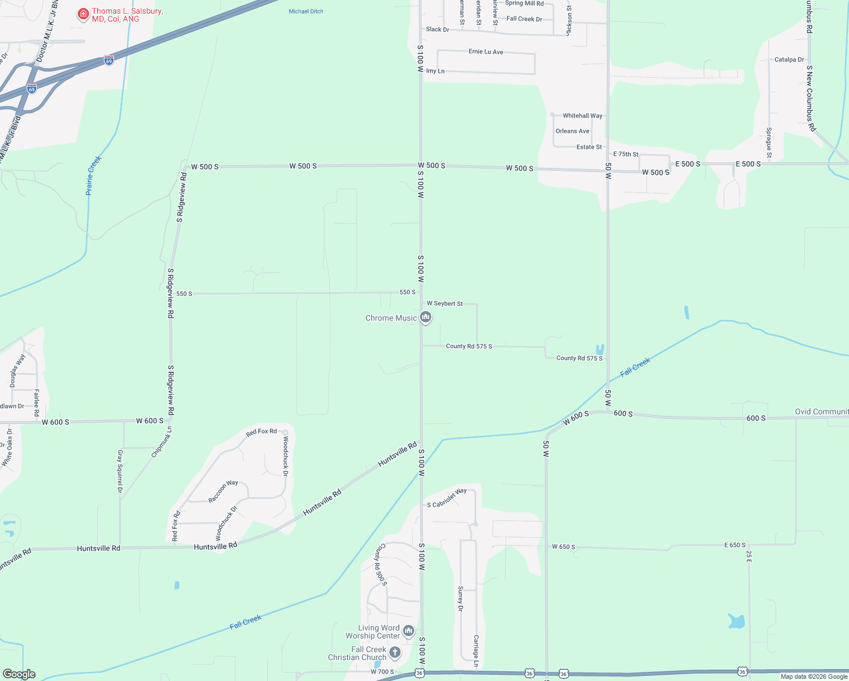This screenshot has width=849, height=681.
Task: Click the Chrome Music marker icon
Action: coord(426,317)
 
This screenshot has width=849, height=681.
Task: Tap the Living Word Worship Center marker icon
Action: coord(408,631)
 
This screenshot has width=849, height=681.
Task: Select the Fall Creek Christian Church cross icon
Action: coord(394,653)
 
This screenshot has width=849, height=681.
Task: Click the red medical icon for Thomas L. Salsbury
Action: coord(83,14)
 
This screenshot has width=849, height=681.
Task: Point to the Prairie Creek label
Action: coord(93,175)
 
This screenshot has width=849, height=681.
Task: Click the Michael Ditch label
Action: coord(306,11)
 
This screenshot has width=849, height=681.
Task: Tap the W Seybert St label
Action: coord(444,304)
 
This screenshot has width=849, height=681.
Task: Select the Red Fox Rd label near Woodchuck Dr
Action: coord(261,432)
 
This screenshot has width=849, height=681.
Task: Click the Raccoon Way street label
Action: coord(223,491)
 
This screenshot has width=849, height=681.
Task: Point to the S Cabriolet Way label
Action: coord(447,498)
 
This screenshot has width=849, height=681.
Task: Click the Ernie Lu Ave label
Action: coord(486,52)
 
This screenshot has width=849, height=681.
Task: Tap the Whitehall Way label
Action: coord(582,116)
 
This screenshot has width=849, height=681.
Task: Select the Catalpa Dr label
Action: coord(789,60)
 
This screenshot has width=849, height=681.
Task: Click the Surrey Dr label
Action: coord(460,599)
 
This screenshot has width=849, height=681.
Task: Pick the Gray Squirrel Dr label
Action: coord(120,471)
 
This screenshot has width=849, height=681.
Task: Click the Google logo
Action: coord(19,674)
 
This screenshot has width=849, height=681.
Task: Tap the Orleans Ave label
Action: coord(572,131)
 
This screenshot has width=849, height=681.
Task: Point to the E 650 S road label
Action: coord(734,545)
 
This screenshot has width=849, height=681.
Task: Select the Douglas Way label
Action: coord(17,371)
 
